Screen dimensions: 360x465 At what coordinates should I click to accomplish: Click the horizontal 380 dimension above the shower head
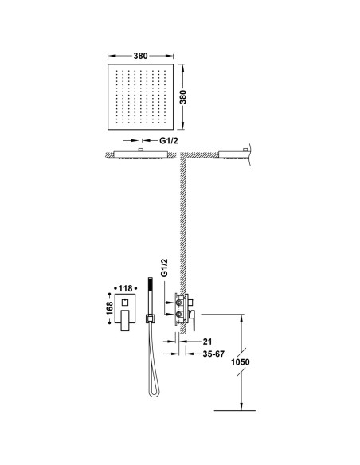[140, 56]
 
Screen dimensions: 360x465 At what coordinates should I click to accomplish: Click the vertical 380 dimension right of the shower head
[183, 96]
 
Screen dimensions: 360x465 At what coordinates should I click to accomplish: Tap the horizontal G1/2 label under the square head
[169, 141]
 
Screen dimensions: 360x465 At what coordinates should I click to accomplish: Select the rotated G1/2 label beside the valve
[164, 268]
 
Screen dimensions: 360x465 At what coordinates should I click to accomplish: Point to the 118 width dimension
[125, 288]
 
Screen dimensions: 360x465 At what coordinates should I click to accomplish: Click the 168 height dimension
[109, 308]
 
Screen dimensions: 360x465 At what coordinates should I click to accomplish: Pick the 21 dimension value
[208, 342]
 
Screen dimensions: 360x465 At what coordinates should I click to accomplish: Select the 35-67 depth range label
[213, 354]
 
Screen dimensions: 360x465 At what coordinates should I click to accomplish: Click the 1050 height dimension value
[241, 362]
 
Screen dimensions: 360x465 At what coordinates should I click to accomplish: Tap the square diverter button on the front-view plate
[125, 303]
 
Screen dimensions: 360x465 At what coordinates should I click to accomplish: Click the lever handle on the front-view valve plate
[125, 320]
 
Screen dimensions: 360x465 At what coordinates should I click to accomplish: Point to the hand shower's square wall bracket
[150, 318]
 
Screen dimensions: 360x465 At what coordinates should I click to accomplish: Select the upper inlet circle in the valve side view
[179, 303]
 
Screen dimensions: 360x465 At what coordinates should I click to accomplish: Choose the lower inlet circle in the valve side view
[179, 314]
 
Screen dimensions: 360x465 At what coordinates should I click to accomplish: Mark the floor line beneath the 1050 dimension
[235, 410]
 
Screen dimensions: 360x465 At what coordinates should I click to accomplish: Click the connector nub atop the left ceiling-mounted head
[141, 150]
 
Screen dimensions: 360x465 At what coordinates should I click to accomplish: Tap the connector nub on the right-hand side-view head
[245, 150]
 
